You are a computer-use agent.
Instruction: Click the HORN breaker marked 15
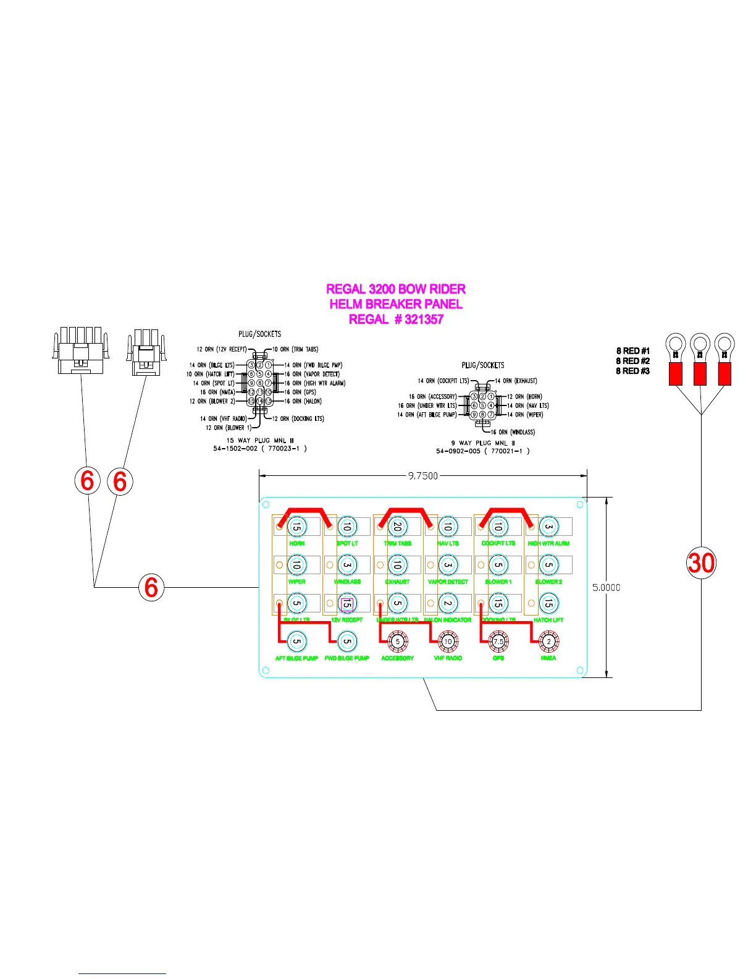pos(297,527)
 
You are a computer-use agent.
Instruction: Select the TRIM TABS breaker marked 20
pos(398,527)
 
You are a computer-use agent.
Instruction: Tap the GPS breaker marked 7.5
pos(498,642)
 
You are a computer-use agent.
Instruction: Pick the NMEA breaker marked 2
pos(548,642)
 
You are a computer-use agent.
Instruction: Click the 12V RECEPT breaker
pos(347,603)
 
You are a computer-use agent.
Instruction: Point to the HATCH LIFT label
pos(548,620)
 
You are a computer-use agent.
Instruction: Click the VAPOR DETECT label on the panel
pos(448,582)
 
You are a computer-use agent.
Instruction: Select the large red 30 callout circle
pos(701,563)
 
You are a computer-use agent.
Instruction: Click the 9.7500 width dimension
pos(423,476)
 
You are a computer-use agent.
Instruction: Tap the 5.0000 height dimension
pos(607,588)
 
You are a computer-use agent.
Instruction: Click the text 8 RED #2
pos(632,361)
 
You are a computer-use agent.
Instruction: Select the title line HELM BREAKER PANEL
pos(396,304)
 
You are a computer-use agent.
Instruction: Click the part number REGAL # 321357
pos(396,320)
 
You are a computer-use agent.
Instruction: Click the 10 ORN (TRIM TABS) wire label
pos(295,349)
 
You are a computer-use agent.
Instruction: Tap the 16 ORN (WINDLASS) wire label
pos(513,432)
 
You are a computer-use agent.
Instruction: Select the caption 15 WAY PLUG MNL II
pos(259,441)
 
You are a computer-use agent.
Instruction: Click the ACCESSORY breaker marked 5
pos(398,642)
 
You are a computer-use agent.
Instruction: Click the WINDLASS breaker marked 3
pos(347,565)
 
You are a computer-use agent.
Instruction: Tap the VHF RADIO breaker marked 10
pos(448,642)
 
